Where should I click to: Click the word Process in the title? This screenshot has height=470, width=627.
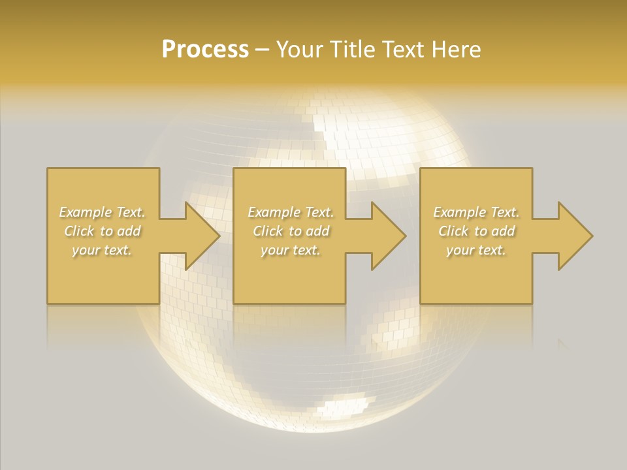pos(205,50)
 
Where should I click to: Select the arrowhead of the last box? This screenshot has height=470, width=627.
pos(574,236)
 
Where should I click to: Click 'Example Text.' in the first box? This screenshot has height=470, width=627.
pos(103,212)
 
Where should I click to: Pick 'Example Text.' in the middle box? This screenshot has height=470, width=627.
pos(291,212)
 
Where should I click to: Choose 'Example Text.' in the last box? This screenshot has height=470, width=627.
pos(476,212)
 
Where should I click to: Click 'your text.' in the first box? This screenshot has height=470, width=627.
pos(102,250)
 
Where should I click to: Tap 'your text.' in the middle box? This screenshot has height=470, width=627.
pos(290,250)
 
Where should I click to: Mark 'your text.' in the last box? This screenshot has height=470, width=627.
pos(475,250)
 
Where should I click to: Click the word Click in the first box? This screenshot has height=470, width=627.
pos(79,231)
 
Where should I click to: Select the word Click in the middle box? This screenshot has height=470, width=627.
pos(268,231)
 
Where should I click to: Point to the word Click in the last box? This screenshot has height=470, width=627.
pos(453,231)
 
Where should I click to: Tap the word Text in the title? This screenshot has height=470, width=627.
pos(400,50)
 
